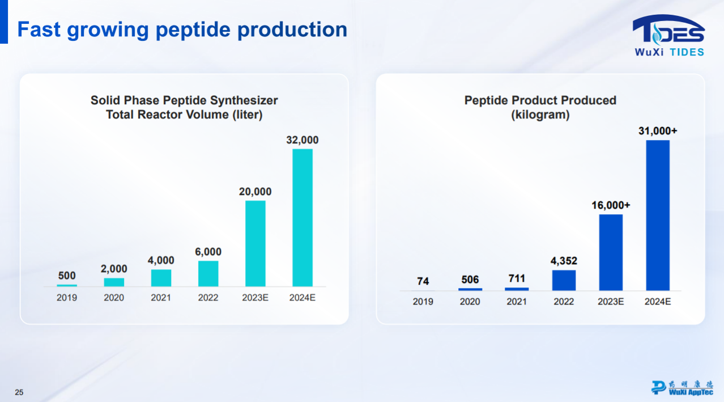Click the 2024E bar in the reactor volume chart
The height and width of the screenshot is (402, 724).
pyautogui.click(x=303, y=218)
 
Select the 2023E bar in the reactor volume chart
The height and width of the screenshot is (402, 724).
pyautogui.click(x=255, y=243)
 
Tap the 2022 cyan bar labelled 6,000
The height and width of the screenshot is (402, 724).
pyautogui.click(x=208, y=273)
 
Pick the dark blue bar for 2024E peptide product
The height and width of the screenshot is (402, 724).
pyautogui.click(x=658, y=215)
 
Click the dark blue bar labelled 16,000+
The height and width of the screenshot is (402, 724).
pyautogui.click(x=611, y=252)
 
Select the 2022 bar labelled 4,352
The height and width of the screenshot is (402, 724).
pyautogui.click(x=564, y=280)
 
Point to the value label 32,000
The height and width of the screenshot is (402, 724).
pyautogui.click(x=303, y=139)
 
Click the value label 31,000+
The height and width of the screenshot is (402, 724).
pyautogui.click(x=658, y=130)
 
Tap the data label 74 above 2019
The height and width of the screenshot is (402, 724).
pyautogui.click(x=423, y=281)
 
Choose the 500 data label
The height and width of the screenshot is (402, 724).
pyautogui.click(x=67, y=276)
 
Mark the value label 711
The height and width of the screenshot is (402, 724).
pyautogui.click(x=517, y=278)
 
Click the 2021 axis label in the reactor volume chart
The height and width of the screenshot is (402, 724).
pyautogui.click(x=161, y=298)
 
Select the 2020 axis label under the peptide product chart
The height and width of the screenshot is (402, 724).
pyautogui.click(x=470, y=302)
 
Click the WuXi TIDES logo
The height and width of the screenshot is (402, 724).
pyautogui.click(x=668, y=35)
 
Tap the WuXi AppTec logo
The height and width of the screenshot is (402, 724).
pyautogui.click(x=682, y=387)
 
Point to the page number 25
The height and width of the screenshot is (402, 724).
pyautogui.click(x=19, y=392)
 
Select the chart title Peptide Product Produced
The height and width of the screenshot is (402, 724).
pyautogui.click(x=540, y=100)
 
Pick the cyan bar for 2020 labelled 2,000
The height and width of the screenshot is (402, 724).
pyautogui.click(x=114, y=282)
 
